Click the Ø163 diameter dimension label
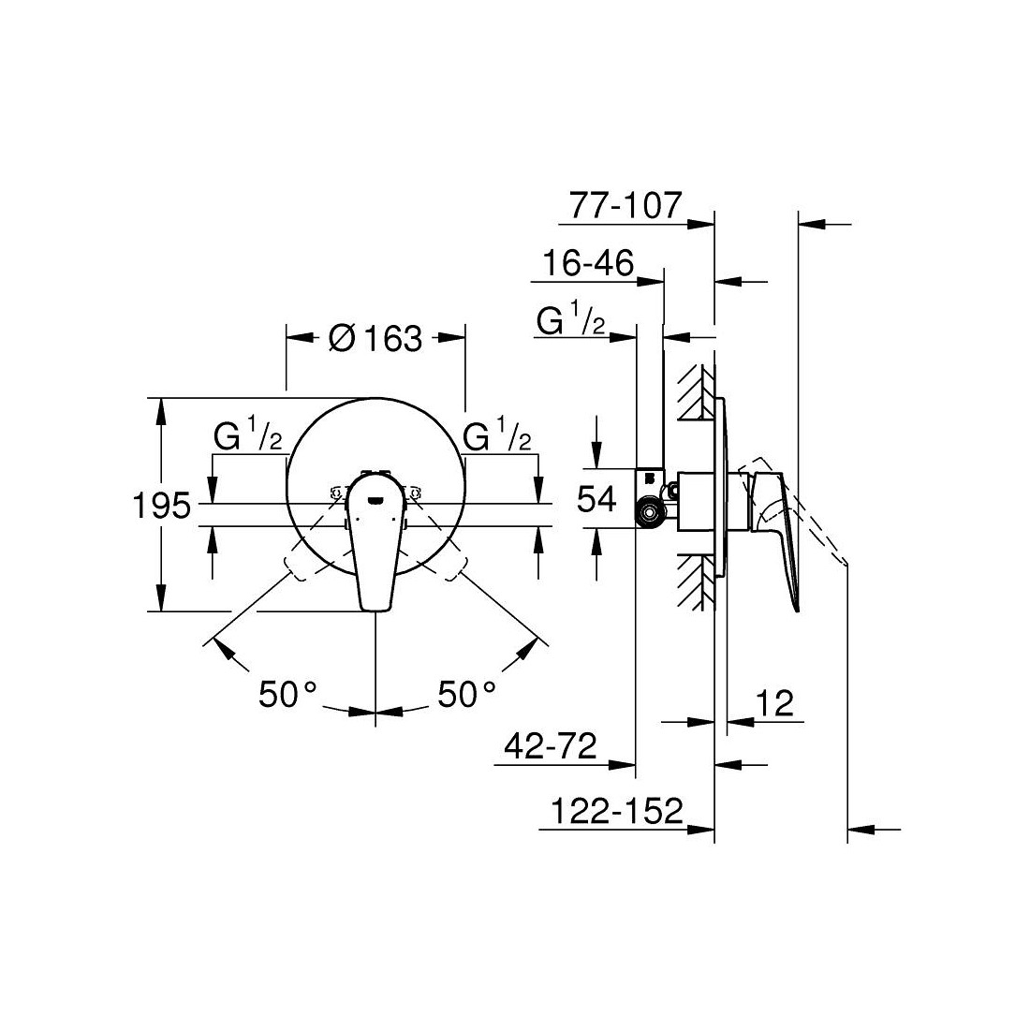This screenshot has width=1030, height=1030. coord(375,339)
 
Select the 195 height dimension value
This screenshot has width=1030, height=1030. coord(162,506)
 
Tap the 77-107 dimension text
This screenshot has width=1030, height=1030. coord(626,206)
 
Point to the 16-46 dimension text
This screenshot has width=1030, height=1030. coord(588,263)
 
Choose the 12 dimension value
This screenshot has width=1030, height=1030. coord(775,703)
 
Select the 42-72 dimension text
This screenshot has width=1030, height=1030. coord(551,746)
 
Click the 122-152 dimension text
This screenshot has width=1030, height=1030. coord(617,811)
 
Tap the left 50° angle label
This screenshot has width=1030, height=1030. coord(287,694)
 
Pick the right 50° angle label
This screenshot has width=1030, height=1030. coord(467,694)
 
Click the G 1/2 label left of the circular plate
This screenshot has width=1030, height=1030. coord(247,434)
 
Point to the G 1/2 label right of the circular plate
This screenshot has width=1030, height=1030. coord(497,434)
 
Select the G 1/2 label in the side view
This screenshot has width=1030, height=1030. coord(570,319)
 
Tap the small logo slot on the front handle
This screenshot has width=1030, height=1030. coord(375,501)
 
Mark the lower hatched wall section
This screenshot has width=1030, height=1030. coord(696,582)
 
